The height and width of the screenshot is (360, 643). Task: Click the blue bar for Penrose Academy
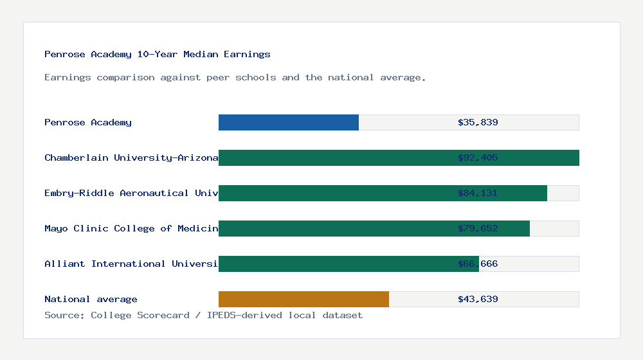(x=289, y=122)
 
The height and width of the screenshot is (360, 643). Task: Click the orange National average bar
(x=303, y=299)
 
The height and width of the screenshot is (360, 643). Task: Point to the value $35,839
(x=478, y=122)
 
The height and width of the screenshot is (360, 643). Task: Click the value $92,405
(x=478, y=157)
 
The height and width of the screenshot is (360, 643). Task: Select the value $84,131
(x=478, y=193)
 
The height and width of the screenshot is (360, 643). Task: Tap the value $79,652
(x=478, y=228)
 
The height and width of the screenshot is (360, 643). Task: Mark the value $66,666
(x=478, y=264)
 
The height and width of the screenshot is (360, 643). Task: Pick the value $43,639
(x=478, y=299)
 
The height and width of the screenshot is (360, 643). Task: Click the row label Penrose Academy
(x=88, y=122)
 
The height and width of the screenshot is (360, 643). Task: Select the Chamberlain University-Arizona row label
(x=131, y=157)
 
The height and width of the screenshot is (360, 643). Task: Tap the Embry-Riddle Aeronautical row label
(x=131, y=193)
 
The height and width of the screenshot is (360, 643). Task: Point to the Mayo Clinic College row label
(x=131, y=228)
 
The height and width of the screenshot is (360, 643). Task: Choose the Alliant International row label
(x=131, y=264)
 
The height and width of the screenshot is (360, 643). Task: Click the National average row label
(x=91, y=299)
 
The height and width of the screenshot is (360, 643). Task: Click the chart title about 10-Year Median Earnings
(x=158, y=54)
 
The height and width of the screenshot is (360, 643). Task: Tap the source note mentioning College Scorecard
(x=203, y=315)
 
